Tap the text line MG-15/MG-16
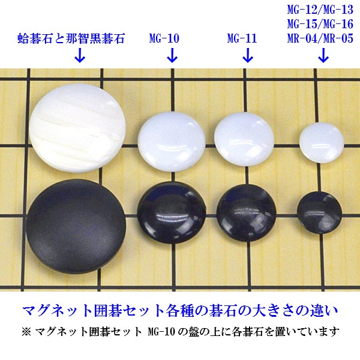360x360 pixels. [319, 24]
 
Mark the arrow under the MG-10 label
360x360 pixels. [172, 57]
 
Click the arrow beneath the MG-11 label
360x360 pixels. [247, 57]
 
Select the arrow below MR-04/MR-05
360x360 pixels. [323, 57]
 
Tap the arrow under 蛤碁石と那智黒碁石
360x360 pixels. [79, 57]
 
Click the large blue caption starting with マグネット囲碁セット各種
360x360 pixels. [180, 311]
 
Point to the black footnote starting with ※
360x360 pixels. [180, 331]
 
